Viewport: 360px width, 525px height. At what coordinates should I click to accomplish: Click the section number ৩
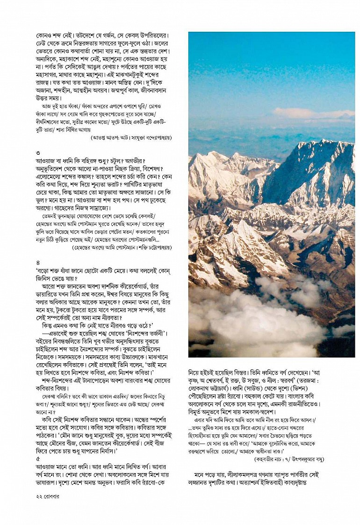pos(38,153)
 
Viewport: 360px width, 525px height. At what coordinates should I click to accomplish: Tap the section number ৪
pos(38,262)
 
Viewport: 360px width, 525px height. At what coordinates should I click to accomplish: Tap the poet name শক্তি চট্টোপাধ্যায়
pos(148,247)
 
